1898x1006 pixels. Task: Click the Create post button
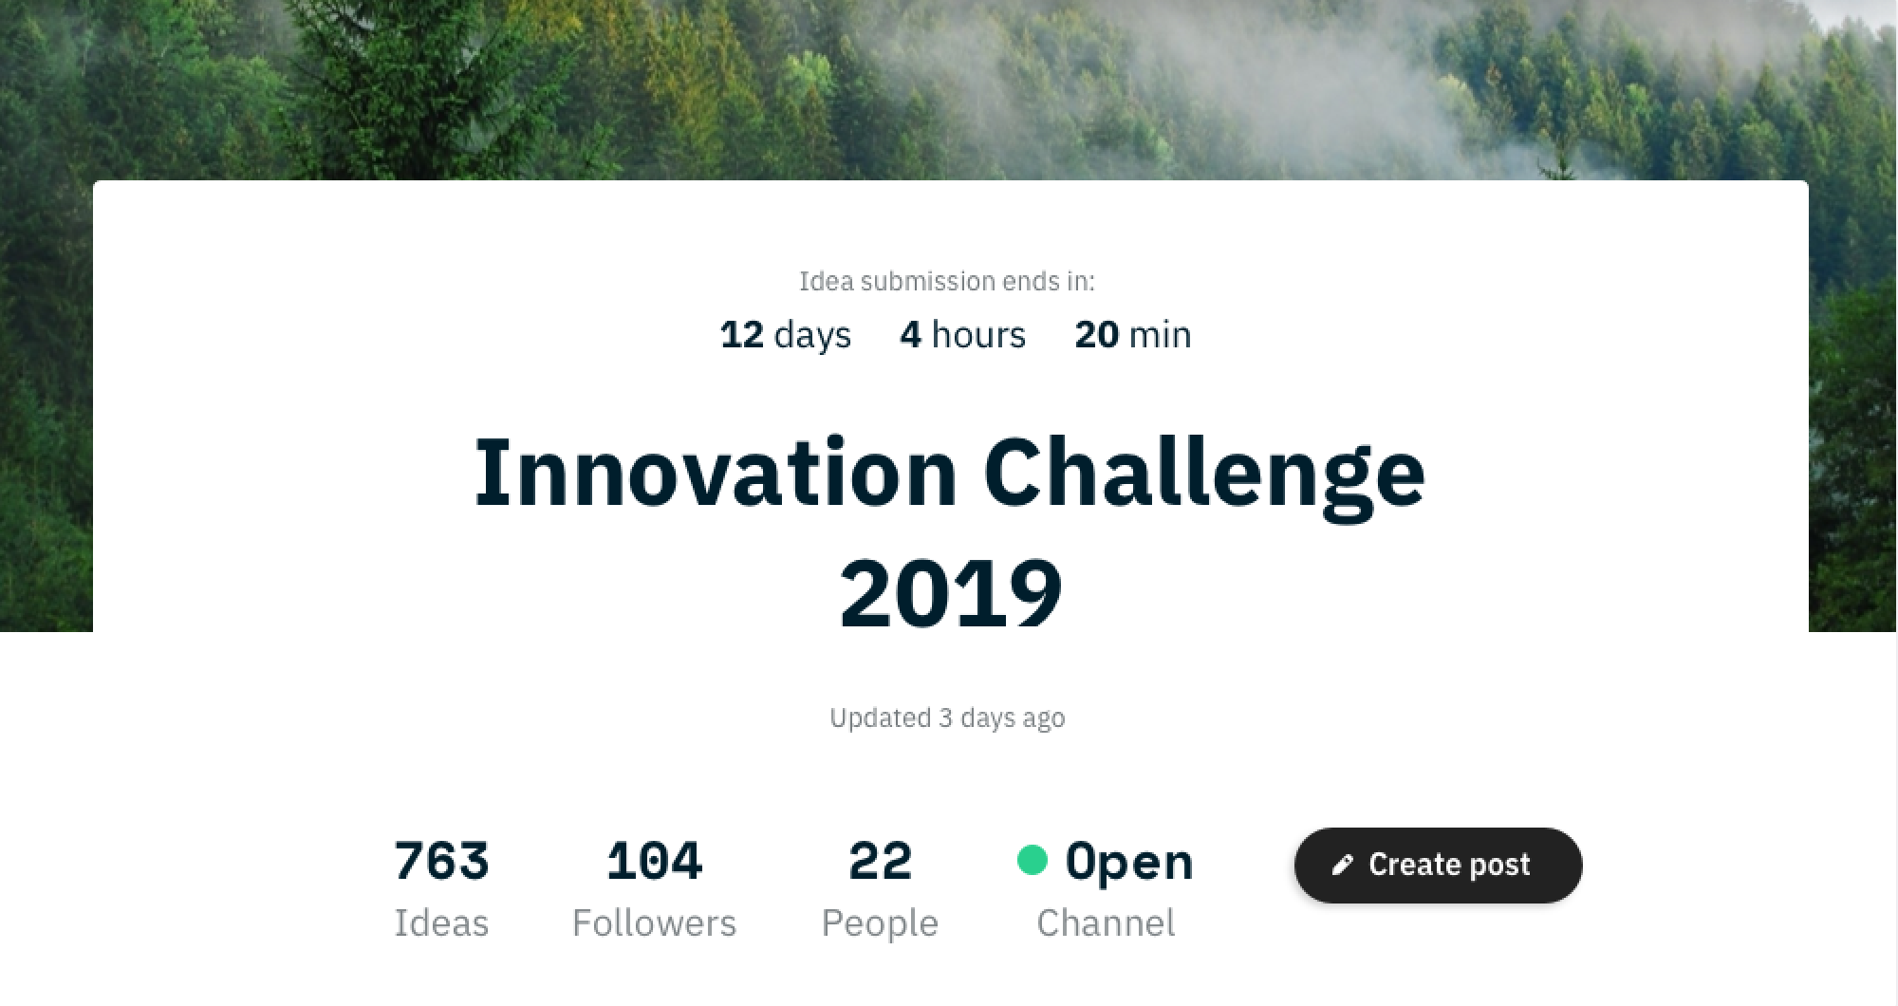tap(1438, 865)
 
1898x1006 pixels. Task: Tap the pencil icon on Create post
tap(1342, 865)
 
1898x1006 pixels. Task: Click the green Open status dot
tap(1032, 860)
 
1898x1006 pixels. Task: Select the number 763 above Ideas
tap(441, 861)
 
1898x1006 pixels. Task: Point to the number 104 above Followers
tap(654, 861)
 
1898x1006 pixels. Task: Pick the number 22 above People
tap(880, 861)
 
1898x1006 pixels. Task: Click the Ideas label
tap(441, 922)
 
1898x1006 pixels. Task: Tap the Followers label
tap(654, 922)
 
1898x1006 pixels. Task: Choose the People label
tap(880, 923)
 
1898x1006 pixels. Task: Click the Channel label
tap(1106, 922)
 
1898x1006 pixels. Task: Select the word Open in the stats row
tap(1129, 863)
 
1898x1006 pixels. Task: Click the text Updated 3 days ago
tap(947, 717)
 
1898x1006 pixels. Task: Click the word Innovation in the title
tap(716, 472)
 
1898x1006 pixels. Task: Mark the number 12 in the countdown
tap(742, 334)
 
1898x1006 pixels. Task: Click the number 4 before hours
tap(910, 334)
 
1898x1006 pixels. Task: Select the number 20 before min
tap(1096, 334)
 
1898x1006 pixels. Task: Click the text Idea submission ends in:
tap(947, 281)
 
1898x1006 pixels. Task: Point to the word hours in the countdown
tap(978, 334)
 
